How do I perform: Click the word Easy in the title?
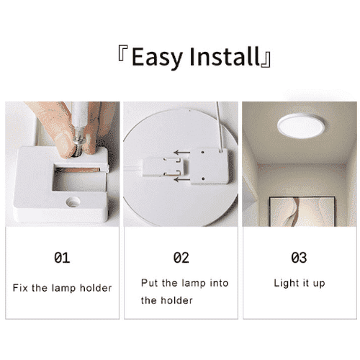coord(157,58)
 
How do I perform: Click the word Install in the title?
coord(225,56)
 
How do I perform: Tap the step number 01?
coord(62,258)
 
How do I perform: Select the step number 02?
coord(181,258)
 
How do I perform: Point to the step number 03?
coord(299,258)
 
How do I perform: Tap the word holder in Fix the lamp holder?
coord(96,288)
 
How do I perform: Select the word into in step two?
coord(219,283)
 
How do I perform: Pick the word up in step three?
coord(319,284)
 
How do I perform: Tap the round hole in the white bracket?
coord(73,202)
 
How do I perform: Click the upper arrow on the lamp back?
coord(182,153)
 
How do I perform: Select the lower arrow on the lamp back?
coord(182,179)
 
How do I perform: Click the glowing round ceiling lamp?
coord(301,126)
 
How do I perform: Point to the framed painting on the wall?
coord(302,212)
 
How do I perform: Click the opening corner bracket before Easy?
coord(123,53)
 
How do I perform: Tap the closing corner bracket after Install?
coord(266,59)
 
